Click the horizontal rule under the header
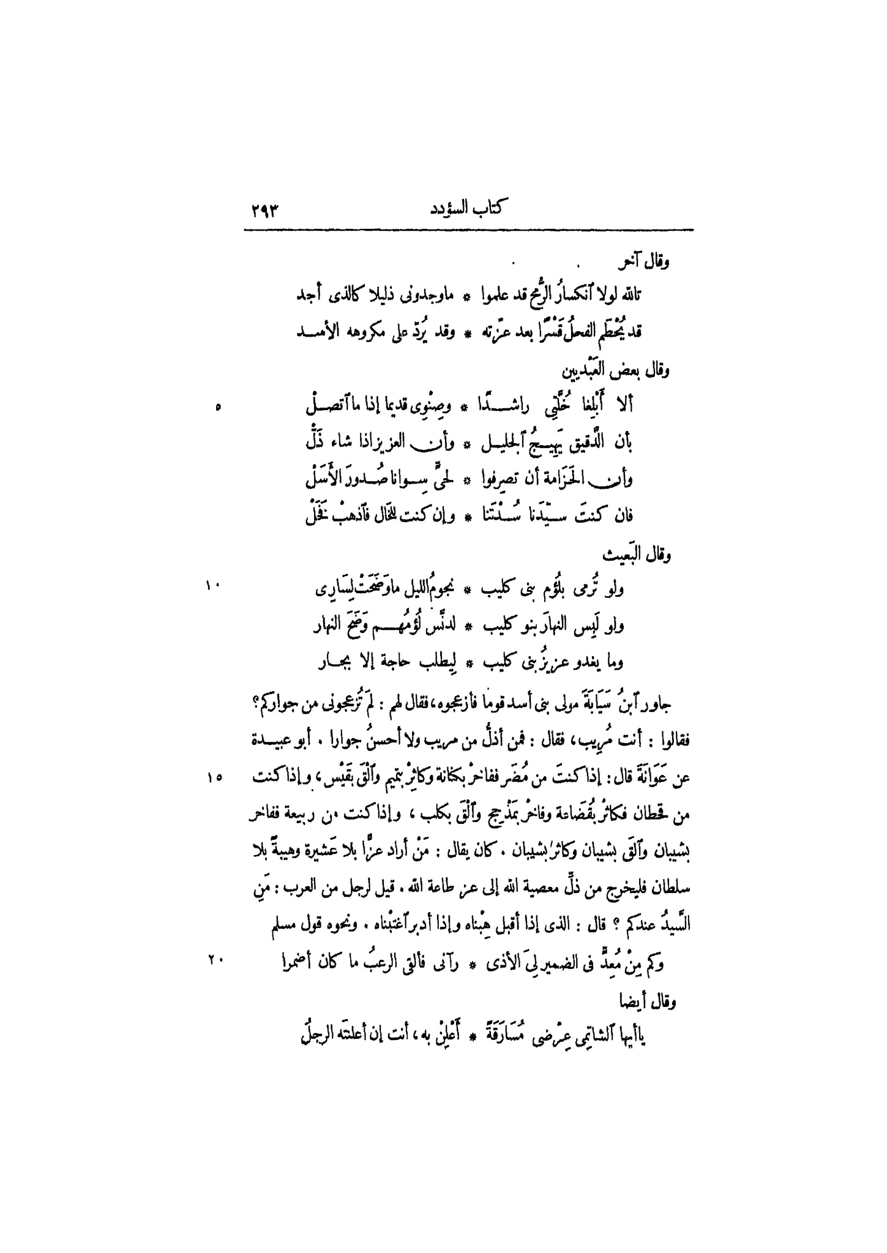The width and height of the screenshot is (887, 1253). point(468,230)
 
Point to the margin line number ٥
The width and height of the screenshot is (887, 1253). point(219,408)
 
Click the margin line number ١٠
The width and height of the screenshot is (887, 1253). point(212,586)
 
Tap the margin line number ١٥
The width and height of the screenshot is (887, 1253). point(214,776)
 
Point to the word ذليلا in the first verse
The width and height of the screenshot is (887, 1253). point(392,296)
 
